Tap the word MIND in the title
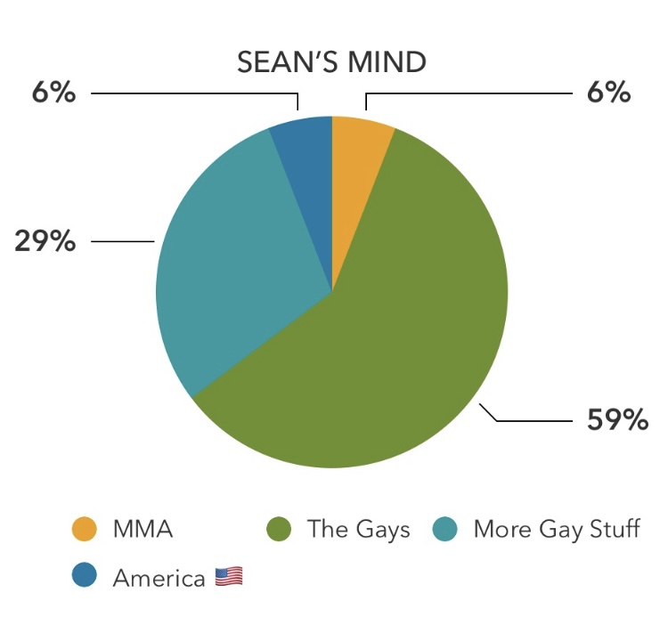(x=387, y=62)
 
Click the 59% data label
(x=617, y=420)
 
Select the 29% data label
(x=45, y=241)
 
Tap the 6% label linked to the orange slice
(x=608, y=92)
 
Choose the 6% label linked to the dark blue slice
(x=53, y=92)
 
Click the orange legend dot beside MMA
(x=85, y=529)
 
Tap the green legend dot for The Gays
(x=279, y=529)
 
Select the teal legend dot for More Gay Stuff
(x=444, y=529)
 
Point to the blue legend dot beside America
(x=85, y=575)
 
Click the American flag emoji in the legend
(x=229, y=577)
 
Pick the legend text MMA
(x=143, y=529)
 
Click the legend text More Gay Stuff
(x=557, y=530)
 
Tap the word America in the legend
(x=159, y=578)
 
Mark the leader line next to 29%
(x=123, y=241)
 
